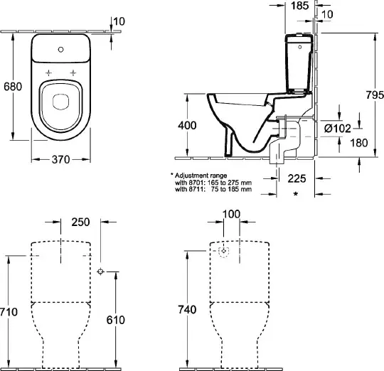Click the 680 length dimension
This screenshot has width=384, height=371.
tap(13, 87)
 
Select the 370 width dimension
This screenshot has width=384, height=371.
tap(60, 160)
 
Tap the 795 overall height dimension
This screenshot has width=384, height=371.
tap(375, 95)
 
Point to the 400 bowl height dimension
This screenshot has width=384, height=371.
tap(187, 125)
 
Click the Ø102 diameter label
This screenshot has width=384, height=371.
tap(338, 128)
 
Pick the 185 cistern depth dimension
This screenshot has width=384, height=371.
tap(300, 6)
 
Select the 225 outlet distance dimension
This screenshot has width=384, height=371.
tap(297, 178)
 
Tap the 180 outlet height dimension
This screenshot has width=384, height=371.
tap(359, 143)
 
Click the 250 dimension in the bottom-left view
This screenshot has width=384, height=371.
tap(80, 222)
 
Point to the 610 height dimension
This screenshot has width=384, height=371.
tap(116, 320)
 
